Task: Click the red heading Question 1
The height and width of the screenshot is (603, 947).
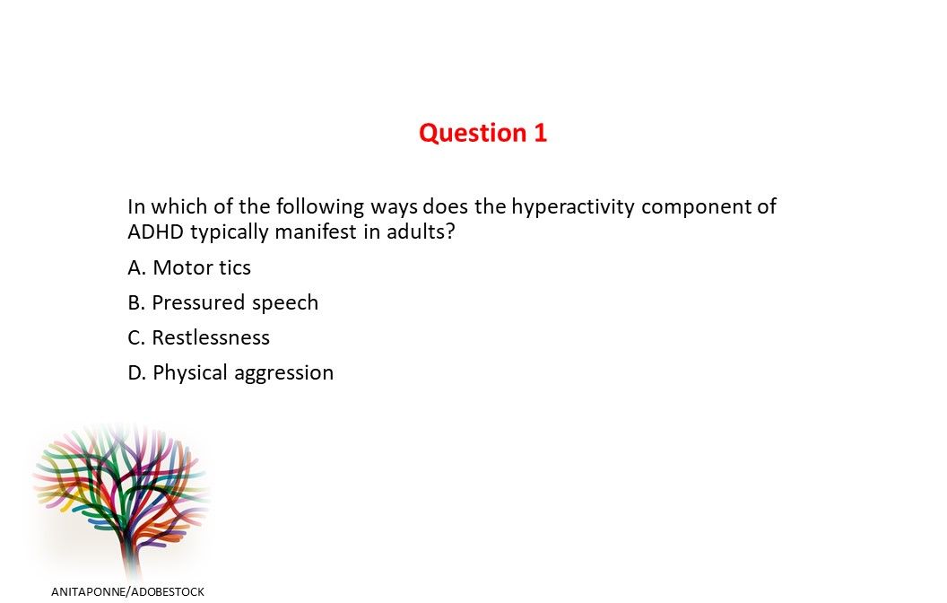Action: pyautogui.click(x=482, y=133)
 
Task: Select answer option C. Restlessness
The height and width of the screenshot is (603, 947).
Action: pyautogui.click(x=199, y=337)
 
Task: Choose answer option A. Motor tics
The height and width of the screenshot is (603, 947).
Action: pyautogui.click(x=189, y=267)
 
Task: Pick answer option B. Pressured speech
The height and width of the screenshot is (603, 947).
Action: pyautogui.click(x=223, y=302)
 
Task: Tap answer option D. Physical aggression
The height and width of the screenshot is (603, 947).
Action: pyautogui.click(x=230, y=372)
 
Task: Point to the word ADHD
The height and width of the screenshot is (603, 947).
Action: pyautogui.click(x=154, y=232)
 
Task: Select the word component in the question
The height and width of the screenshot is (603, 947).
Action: pyautogui.click(x=697, y=207)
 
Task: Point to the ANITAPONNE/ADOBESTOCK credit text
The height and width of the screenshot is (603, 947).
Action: pyautogui.click(x=128, y=591)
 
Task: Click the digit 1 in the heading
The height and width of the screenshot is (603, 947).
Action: pyautogui.click(x=541, y=133)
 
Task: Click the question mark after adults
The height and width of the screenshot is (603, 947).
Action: pyautogui.click(x=450, y=232)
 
